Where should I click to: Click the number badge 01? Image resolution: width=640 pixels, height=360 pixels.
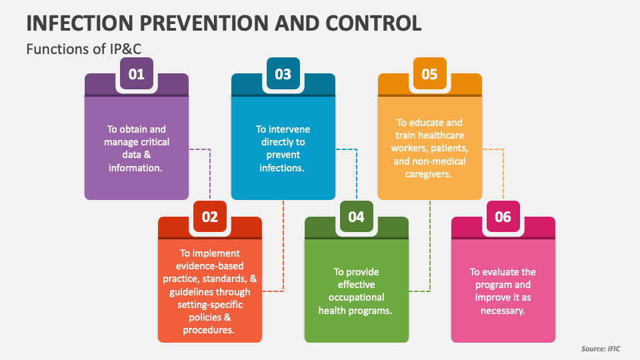[137, 74]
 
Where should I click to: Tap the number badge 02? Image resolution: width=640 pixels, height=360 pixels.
[210, 217]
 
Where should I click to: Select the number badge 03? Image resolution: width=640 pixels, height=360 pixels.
[283, 74]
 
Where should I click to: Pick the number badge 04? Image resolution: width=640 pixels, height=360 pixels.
[357, 217]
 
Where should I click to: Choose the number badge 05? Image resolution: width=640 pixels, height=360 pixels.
[430, 74]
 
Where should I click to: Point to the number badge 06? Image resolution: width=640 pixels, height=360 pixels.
[503, 217]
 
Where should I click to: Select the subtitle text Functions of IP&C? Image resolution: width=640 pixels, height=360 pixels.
[75, 49]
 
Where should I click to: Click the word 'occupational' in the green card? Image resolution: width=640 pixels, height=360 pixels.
[357, 297]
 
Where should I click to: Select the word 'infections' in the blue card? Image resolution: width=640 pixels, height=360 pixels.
[281, 168]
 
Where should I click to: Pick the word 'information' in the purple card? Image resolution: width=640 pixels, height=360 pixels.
[135, 168]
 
